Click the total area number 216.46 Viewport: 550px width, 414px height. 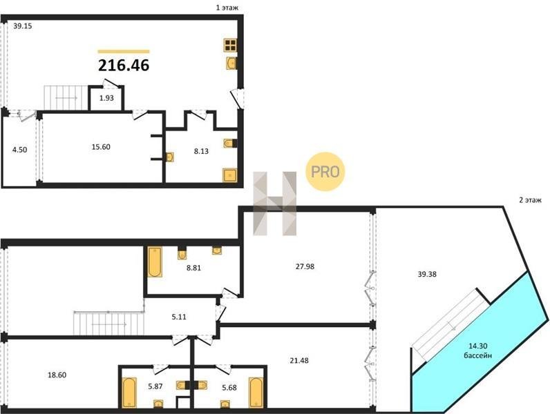coord(124,65)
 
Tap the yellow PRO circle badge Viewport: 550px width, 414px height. coord(325,172)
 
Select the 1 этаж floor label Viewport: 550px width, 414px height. coord(227,8)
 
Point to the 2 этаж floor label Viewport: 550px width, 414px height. coord(530,200)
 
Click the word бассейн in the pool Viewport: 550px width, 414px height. coord(477,355)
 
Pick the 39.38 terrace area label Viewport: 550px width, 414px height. coord(427,274)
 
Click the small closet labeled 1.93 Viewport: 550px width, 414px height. coord(106,99)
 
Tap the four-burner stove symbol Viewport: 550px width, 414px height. coord(231,45)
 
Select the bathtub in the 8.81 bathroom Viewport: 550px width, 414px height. coord(154,262)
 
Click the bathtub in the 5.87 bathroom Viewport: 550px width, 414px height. coord(129,393)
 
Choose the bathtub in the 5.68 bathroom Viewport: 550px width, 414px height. coord(256,393)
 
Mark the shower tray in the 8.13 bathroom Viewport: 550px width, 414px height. coord(230,175)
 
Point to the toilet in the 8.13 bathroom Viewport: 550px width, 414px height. coord(230,144)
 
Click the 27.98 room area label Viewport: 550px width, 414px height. coord(305,266)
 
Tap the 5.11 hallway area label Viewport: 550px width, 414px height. coord(179,317)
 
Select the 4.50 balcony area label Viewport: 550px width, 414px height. coord(19,150)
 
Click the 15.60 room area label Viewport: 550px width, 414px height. coord(101,147)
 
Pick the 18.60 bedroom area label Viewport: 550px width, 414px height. coord(57,375)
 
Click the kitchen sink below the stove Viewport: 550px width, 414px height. coord(231,63)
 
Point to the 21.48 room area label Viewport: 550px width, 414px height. coord(299,360)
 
